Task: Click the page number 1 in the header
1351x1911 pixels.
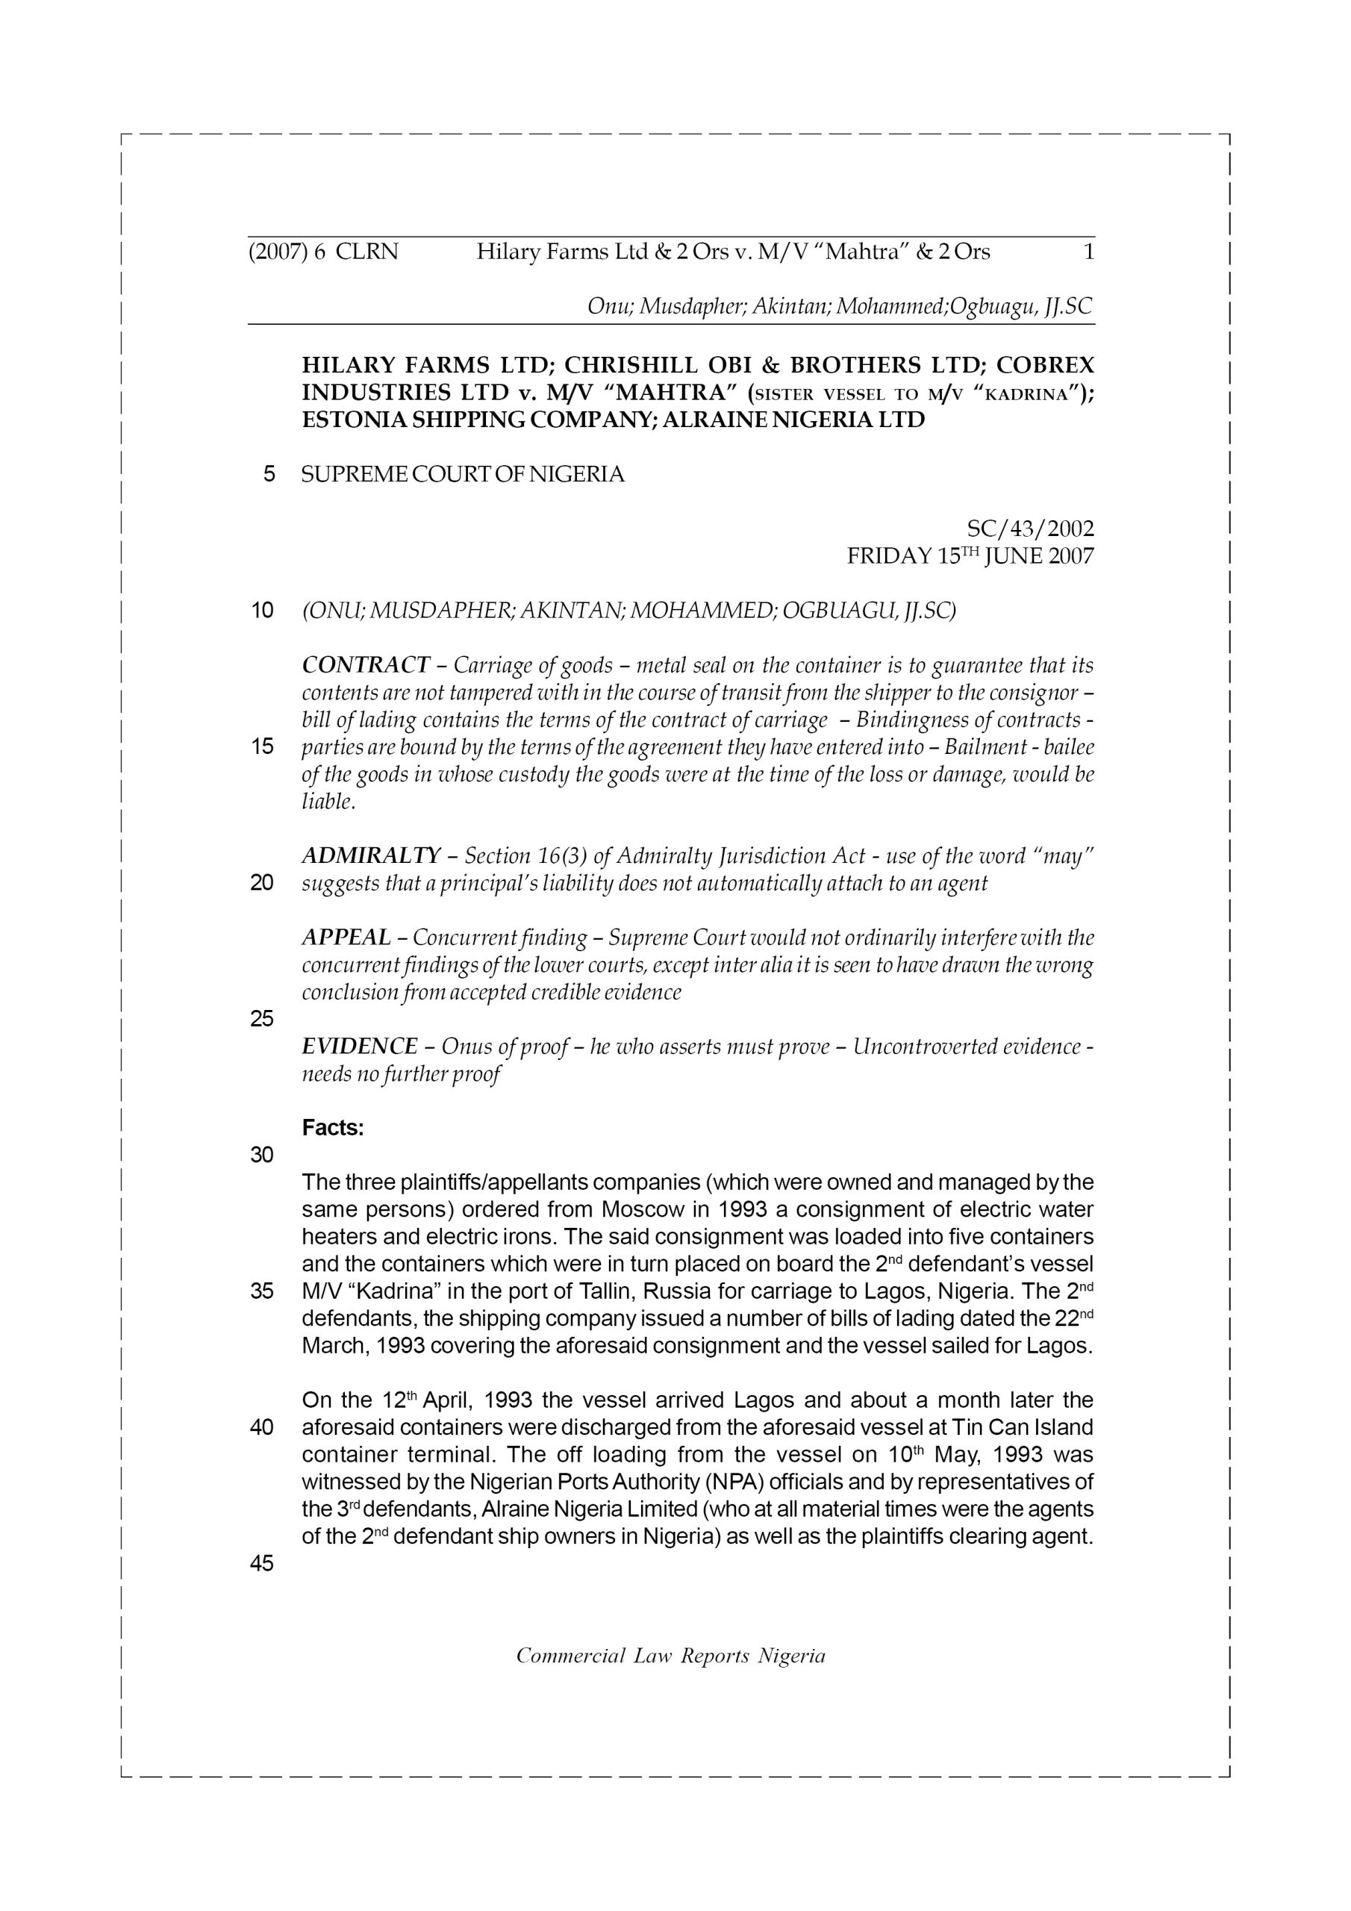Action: (x=1088, y=252)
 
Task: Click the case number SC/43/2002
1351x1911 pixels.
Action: (x=1030, y=529)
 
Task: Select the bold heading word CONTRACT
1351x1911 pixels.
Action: (x=366, y=665)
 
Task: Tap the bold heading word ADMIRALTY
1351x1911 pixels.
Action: (x=371, y=855)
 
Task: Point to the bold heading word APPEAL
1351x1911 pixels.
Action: (x=346, y=938)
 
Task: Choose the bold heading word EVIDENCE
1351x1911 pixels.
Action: (x=360, y=1047)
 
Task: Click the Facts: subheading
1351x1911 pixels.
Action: (x=333, y=1128)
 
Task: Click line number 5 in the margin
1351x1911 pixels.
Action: (x=269, y=475)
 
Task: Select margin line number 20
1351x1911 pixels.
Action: (x=262, y=883)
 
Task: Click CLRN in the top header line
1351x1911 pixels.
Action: (x=367, y=252)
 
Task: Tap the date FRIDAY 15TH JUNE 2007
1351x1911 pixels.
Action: (x=970, y=556)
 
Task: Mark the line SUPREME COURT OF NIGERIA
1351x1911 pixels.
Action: (x=463, y=475)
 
